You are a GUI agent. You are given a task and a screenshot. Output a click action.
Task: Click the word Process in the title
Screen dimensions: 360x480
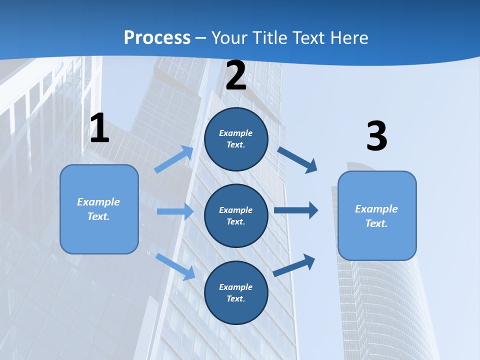[x=157, y=38]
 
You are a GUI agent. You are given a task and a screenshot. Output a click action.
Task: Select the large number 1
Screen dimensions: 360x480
[x=99, y=128]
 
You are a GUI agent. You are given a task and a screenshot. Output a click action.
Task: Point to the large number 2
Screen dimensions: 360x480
[x=236, y=75]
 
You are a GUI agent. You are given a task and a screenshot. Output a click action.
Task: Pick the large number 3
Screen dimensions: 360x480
[x=376, y=136]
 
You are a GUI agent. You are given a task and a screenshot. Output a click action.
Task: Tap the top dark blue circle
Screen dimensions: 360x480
[x=236, y=139]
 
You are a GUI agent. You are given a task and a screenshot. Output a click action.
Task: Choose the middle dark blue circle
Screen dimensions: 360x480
[x=236, y=216]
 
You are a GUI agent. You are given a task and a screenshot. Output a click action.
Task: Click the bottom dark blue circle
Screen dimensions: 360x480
[x=236, y=293]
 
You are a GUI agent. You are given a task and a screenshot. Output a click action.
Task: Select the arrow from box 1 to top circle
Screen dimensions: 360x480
[x=174, y=159]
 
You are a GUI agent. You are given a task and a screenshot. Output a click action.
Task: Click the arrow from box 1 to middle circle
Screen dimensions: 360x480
[x=174, y=212]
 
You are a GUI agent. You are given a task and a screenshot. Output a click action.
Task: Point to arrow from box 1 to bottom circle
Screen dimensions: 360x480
[x=175, y=266]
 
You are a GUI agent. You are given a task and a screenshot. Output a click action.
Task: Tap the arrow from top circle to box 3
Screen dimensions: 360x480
[x=297, y=159]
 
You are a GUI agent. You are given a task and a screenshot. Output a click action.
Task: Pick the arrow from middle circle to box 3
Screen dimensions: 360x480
[x=296, y=210]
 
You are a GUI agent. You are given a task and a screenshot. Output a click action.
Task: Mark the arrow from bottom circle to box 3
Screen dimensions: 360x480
[x=294, y=265]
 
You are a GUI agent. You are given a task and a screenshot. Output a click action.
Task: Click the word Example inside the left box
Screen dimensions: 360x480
[x=98, y=202]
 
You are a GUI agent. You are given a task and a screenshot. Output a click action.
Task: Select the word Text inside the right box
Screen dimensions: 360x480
[x=376, y=223]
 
